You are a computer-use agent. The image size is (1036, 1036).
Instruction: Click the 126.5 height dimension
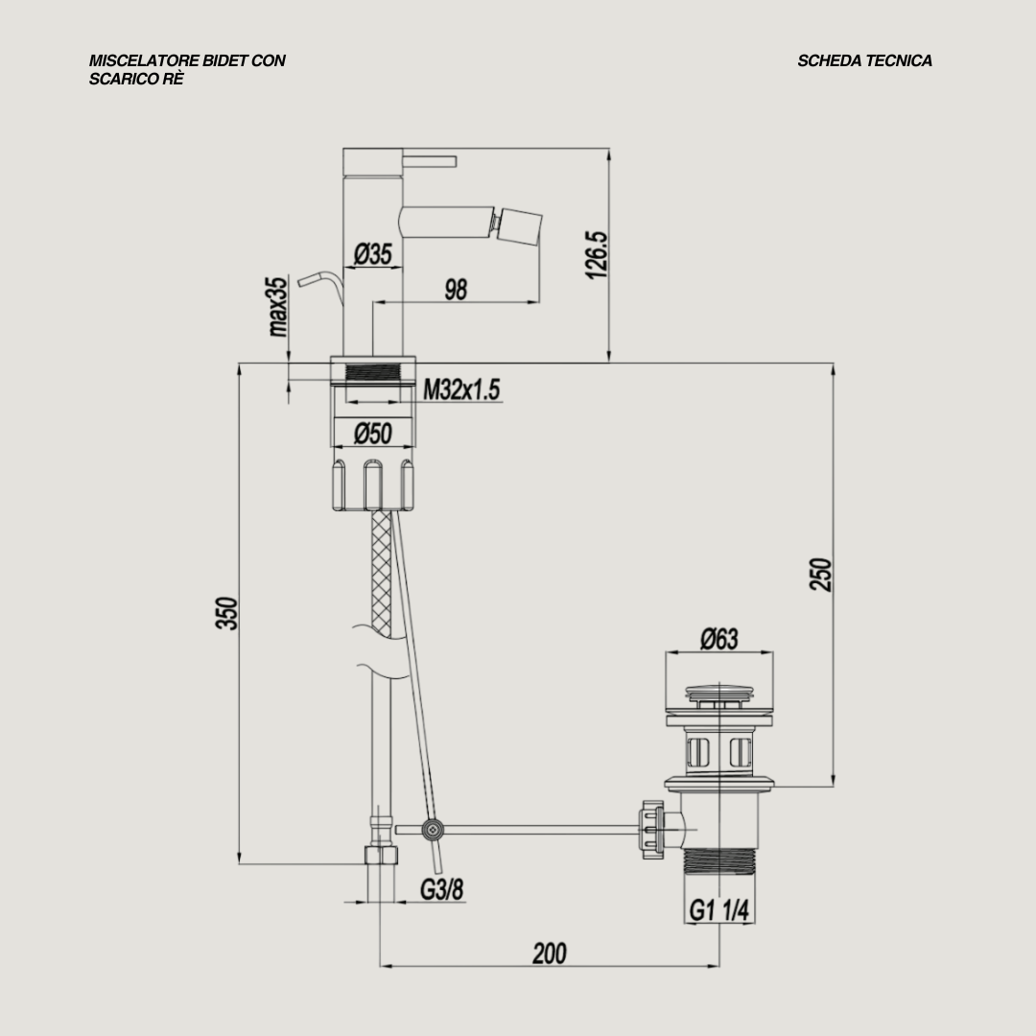597,254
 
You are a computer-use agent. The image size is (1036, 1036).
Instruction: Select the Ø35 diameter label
372,254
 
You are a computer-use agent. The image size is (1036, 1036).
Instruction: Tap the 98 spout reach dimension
456,289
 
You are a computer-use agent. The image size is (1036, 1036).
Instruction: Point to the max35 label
278,307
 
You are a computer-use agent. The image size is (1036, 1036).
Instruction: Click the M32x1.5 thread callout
462,389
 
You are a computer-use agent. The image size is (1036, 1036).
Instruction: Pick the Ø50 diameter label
372,435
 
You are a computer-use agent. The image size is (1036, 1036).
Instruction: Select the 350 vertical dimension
226,613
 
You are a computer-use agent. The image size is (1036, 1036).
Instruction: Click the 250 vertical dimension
821,574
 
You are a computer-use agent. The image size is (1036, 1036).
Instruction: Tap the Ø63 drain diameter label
718,639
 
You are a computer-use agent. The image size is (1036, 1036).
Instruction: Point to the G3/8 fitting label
441,889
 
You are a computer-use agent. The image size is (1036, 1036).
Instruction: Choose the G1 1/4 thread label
718,909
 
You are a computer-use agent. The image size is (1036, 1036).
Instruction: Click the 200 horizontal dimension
549,954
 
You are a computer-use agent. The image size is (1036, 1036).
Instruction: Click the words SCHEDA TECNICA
864,60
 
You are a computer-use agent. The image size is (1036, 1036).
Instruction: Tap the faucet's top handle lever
429,159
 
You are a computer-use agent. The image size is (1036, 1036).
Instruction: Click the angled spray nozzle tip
519,223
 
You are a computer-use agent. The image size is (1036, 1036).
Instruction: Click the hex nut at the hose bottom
382,856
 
